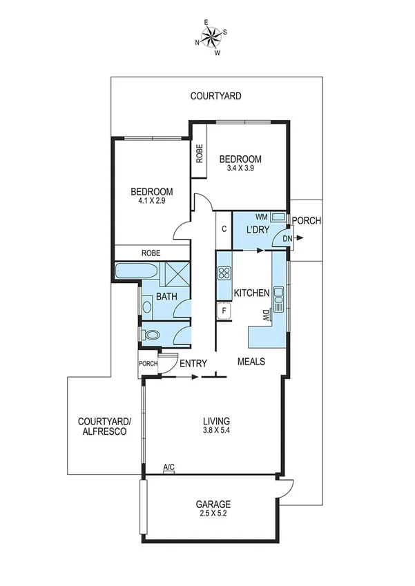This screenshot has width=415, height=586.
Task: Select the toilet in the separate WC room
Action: (x=152, y=335)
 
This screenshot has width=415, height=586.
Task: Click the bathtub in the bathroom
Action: (x=135, y=271)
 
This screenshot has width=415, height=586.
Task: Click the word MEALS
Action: (x=252, y=361)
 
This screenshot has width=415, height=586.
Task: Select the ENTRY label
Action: (x=193, y=363)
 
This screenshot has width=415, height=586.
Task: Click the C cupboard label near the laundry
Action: (x=225, y=228)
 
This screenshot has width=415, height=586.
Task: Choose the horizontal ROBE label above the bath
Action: (x=151, y=253)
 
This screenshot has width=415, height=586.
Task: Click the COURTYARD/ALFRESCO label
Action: (x=101, y=426)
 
